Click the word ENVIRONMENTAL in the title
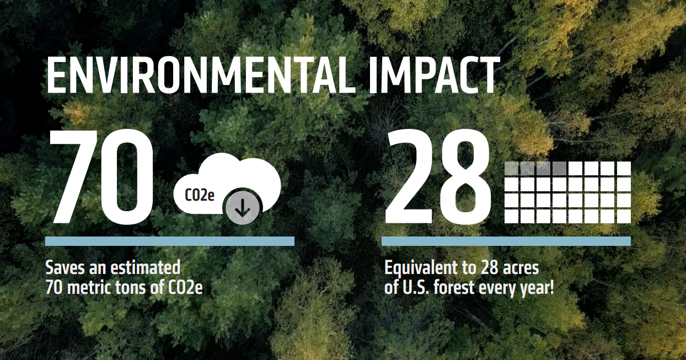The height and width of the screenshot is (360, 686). [x=201, y=76]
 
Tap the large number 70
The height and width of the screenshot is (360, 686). [x=103, y=178]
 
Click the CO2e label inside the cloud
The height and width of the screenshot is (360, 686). [x=200, y=195]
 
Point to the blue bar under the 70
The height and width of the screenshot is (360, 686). [x=170, y=241]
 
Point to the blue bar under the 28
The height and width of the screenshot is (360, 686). [x=506, y=241]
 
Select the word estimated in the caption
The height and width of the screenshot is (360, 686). [x=145, y=268]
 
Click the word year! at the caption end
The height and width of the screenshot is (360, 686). [x=537, y=288]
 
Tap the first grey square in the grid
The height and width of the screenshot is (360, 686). [x=511, y=168]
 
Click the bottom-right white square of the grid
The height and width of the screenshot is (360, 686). [x=624, y=216]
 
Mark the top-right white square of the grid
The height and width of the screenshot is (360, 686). [x=624, y=168]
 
